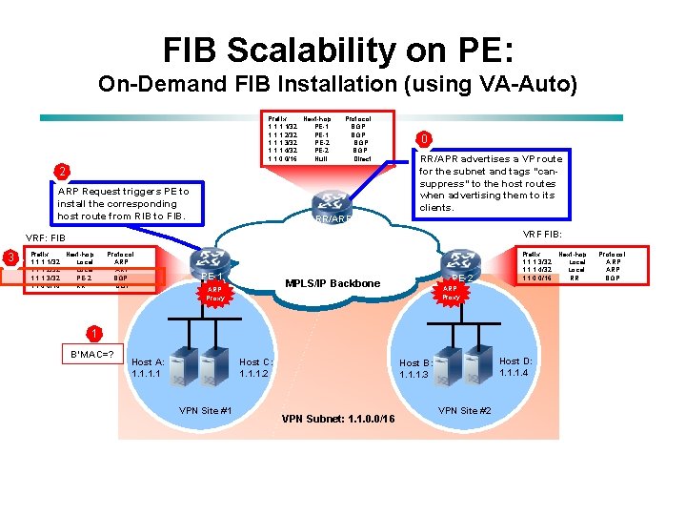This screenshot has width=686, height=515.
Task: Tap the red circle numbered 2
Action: click(x=61, y=172)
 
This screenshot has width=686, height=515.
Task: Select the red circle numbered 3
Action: click(x=10, y=257)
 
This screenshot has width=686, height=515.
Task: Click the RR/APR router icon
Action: click(x=333, y=201)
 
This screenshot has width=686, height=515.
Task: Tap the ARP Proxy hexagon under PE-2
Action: click(x=451, y=293)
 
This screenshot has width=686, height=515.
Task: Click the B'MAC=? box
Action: click(x=92, y=356)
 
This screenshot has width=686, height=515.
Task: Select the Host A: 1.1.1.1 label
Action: click(x=148, y=368)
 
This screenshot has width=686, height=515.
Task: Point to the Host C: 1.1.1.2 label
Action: click(x=256, y=368)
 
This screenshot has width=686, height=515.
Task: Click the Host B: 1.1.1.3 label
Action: click(x=415, y=369)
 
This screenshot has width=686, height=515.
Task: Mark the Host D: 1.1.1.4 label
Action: click(x=515, y=366)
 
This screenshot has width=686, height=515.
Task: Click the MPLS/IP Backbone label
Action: click(x=333, y=284)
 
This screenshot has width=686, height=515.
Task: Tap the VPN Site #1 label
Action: click(x=206, y=410)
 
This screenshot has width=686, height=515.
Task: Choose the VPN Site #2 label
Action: click(x=464, y=410)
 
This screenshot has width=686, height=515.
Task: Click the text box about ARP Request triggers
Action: click(x=124, y=204)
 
